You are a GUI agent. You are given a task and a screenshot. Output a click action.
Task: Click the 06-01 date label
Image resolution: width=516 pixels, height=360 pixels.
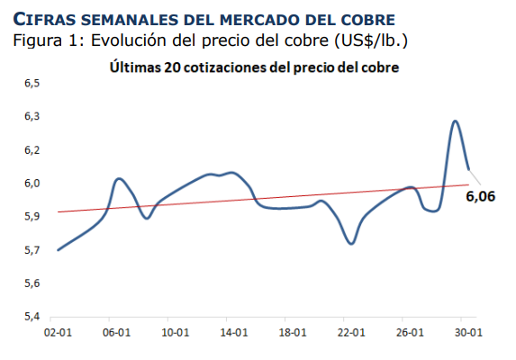(113, 332)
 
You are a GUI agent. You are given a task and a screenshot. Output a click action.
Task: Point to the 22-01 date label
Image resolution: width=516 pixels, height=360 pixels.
(350, 332)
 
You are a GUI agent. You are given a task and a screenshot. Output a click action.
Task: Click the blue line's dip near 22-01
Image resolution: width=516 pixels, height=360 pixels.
(351, 243)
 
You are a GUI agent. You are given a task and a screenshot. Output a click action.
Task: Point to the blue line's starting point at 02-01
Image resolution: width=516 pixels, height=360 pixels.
(58, 249)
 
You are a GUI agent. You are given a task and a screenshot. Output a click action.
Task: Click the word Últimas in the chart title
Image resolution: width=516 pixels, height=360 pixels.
(134, 67)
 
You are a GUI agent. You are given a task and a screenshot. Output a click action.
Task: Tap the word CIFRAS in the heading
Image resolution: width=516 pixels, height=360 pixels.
(41, 19)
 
